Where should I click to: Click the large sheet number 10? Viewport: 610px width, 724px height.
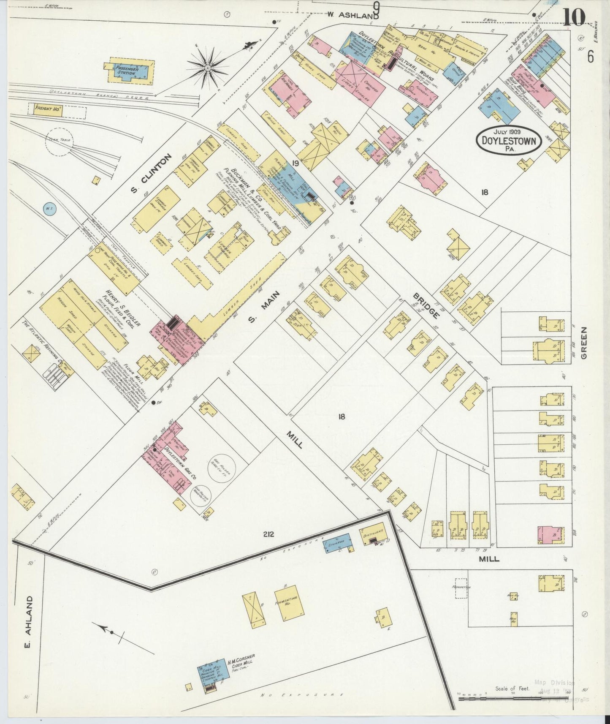coord(574,17)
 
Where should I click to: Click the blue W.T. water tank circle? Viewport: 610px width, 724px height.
coord(49,208)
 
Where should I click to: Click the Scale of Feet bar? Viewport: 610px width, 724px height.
coord(513,699)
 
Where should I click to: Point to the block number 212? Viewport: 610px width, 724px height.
coord(268,534)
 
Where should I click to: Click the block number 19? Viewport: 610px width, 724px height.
coord(295,163)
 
